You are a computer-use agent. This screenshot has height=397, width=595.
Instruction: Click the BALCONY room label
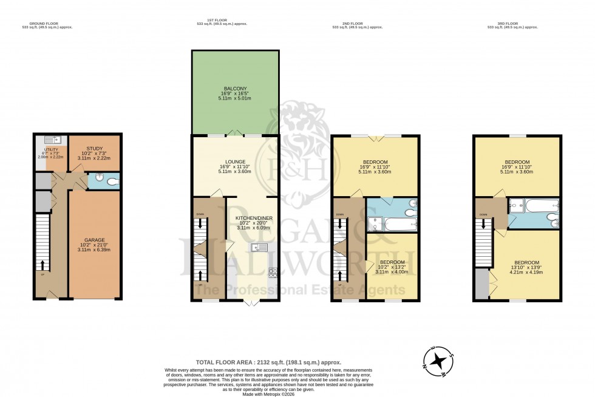tap(235, 89)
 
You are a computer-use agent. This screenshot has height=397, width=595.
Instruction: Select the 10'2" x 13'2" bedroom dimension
tap(391, 266)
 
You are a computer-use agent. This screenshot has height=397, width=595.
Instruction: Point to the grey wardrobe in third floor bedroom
tap(483, 286)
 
